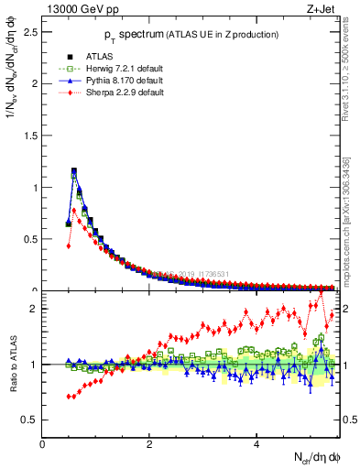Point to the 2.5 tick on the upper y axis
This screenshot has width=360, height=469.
click(x=31, y=32)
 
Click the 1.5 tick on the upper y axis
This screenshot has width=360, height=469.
click(x=31, y=136)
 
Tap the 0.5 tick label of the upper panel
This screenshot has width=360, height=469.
click(x=31, y=239)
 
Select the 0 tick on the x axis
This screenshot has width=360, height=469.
click(x=43, y=444)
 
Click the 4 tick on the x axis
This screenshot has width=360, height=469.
click(x=256, y=444)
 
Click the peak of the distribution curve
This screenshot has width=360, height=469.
click(x=73, y=170)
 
